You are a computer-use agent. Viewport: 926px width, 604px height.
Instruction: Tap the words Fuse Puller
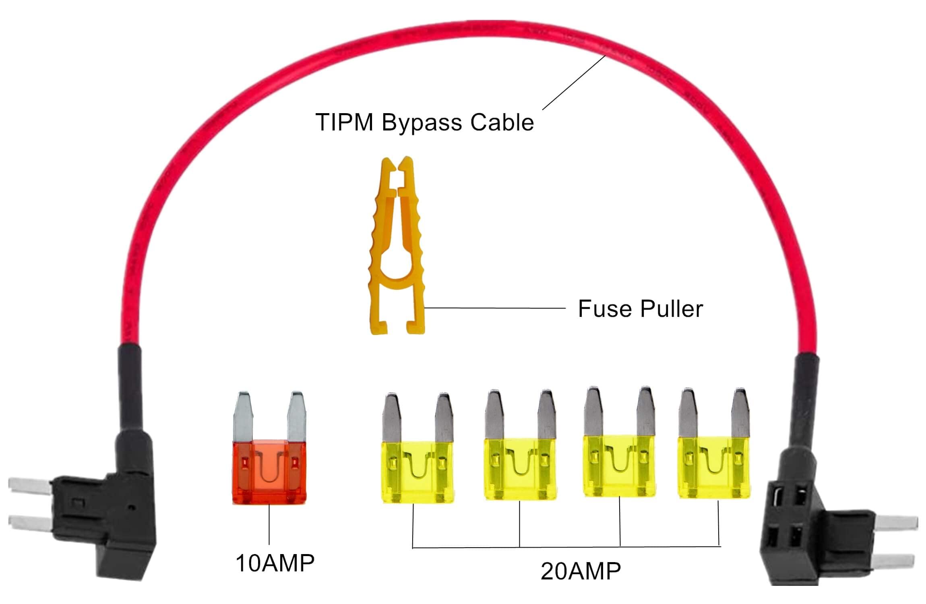(x=640, y=309)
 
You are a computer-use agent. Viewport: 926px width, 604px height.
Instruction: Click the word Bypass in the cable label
(x=421, y=123)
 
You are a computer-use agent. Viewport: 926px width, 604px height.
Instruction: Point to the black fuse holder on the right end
(x=789, y=519)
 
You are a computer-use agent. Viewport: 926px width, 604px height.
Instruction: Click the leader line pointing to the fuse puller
(x=495, y=308)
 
